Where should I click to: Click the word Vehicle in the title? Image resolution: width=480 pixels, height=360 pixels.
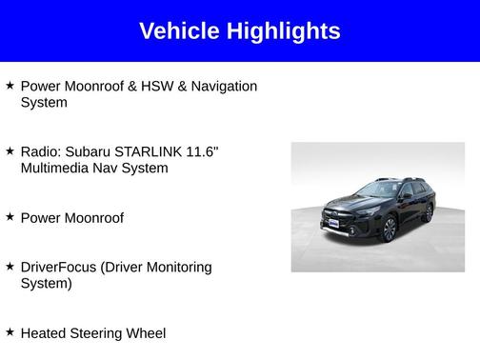[178, 30]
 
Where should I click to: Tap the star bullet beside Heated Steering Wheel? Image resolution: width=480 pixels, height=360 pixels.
[10, 332]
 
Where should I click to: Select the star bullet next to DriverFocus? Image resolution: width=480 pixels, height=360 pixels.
[10, 267]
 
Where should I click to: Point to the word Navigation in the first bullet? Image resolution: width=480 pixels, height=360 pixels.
[224, 86]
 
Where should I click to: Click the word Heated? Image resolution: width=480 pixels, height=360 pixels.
[42, 333]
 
